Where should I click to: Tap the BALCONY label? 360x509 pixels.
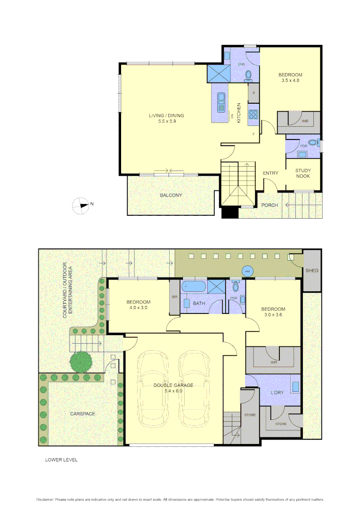tap(171, 195)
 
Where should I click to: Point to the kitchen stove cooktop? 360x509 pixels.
tap(253, 114)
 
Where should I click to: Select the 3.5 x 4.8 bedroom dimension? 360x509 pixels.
tap(290, 81)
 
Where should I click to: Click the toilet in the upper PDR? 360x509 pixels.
tap(313, 142)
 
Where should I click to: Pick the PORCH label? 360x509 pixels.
tap(270, 205)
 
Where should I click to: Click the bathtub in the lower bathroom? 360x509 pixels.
tap(193, 286)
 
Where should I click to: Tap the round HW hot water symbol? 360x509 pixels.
tap(247, 271)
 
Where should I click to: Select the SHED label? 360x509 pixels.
tap(311, 271)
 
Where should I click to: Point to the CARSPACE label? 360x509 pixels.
tap(82, 413)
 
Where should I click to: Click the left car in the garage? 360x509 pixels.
tap(153, 388)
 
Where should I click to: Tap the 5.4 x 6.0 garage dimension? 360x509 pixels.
tap(173, 391)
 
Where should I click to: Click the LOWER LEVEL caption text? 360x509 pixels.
tap(61, 460)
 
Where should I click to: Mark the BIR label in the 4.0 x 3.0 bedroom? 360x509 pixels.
tap(174, 297)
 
